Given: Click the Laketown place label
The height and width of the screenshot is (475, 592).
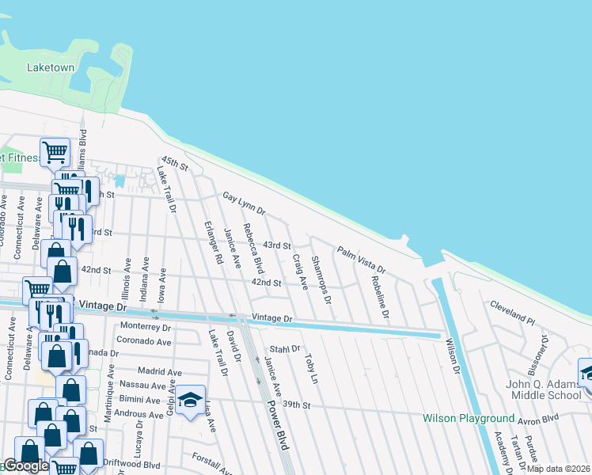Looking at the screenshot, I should tap(51, 68).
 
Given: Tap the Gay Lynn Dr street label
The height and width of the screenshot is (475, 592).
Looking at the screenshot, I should tap(244, 203).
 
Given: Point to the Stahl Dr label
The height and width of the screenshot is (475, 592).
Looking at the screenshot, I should tap(285, 348).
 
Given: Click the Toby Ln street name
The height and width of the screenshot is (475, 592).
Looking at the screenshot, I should tap(311, 369).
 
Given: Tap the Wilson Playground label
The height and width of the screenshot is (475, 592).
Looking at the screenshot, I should tap(469, 418).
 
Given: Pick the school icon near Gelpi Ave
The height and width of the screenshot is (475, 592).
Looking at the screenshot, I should tap(190, 400).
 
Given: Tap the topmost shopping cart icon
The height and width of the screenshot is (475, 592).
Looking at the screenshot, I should tap(55, 150).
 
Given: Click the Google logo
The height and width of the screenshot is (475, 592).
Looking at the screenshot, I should tap(25, 466).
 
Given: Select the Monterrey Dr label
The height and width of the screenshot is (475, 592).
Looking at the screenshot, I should tap(145, 327).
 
